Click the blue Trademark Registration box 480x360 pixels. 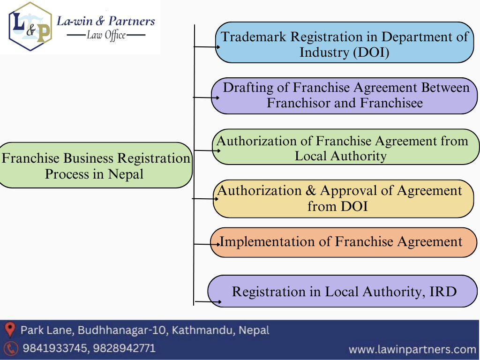click(345, 43)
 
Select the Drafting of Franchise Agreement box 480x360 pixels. click(345, 96)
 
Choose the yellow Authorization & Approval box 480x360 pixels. click(343, 198)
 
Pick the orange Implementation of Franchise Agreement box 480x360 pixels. click(343, 242)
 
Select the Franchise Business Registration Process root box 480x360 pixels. click(96, 165)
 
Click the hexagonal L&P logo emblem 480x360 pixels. click(30, 27)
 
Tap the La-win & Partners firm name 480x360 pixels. click(105, 21)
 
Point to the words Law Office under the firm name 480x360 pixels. click(106, 35)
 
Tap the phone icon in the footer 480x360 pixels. click(10, 348)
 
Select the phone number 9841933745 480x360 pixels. click(53, 348)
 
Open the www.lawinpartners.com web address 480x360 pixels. click(412, 349)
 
